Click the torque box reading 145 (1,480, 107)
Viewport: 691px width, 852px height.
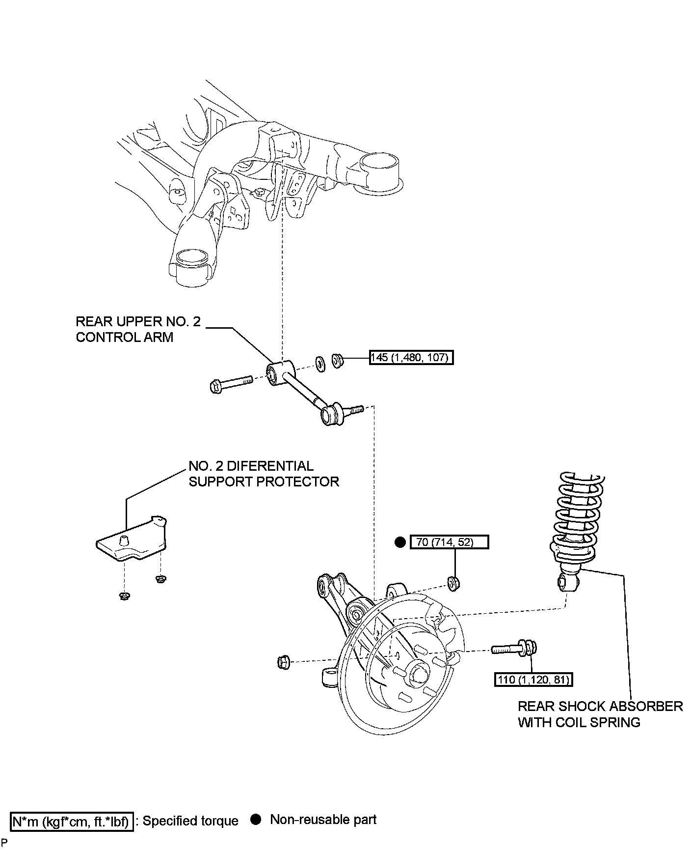click(x=411, y=357)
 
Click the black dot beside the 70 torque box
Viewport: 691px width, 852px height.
click(x=400, y=542)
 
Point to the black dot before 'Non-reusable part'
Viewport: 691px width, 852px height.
click(x=255, y=820)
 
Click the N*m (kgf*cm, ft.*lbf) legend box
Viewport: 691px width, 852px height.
click(x=72, y=821)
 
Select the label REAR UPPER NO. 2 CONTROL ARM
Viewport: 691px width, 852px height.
click(x=138, y=329)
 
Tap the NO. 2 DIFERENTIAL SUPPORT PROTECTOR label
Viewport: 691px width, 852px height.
click(x=264, y=473)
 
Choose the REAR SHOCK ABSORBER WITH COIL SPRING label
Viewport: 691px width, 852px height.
click(x=600, y=714)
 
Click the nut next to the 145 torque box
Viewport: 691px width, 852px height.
click(x=337, y=361)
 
